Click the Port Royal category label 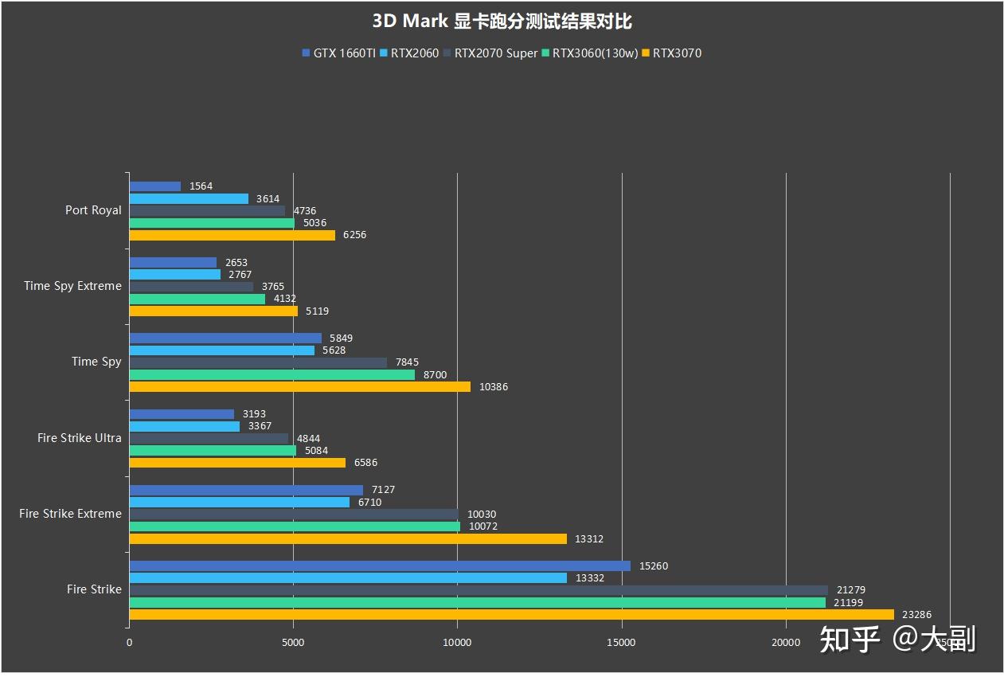click(x=93, y=210)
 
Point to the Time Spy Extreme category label click(x=72, y=286)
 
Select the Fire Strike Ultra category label click(x=80, y=438)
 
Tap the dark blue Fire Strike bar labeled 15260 click(x=379, y=566)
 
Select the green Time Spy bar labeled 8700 click(x=272, y=374)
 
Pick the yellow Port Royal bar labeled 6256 click(x=232, y=235)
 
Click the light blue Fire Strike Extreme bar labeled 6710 click(x=239, y=502)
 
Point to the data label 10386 click(x=493, y=387)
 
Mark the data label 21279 click(x=851, y=590)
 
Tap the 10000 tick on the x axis click(x=457, y=641)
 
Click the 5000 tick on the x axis click(x=293, y=641)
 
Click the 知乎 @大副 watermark click(x=897, y=639)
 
